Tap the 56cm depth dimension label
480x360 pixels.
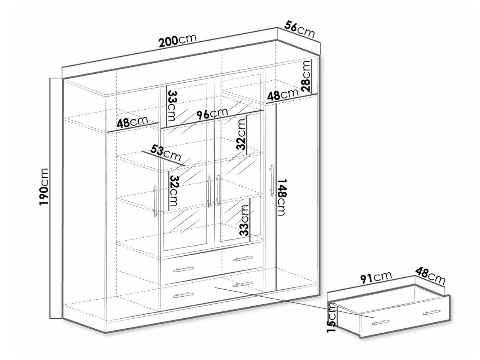(300, 30)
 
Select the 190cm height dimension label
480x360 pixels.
(44, 187)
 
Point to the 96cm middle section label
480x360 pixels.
(212, 114)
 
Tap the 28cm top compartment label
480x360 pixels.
(306, 76)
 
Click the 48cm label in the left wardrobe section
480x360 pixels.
(133, 122)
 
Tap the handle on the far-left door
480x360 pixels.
(155, 201)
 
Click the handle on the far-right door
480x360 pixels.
(272, 180)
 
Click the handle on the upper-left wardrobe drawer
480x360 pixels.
(184, 269)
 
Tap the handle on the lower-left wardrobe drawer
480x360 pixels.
(184, 295)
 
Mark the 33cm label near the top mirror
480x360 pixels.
(172, 106)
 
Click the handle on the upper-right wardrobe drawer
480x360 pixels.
(243, 258)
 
